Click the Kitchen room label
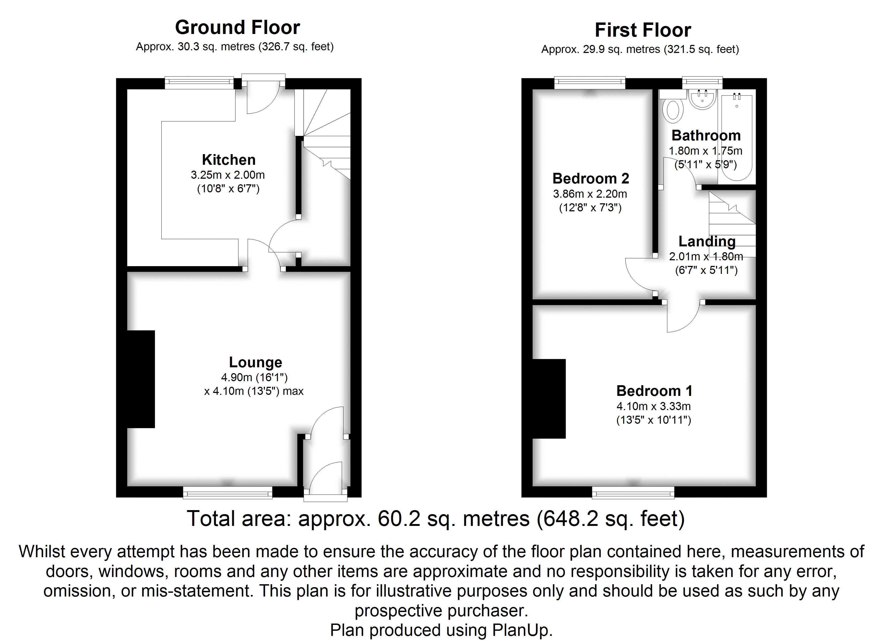coord(229,160)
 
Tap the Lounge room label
coord(255,362)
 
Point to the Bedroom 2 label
coord(591,178)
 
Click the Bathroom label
coord(706,135)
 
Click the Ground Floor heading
coord(238,27)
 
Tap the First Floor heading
coord(643,30)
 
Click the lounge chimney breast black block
coord(141,379)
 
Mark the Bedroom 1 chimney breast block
coord(549,399)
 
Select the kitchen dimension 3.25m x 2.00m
coord(228,175)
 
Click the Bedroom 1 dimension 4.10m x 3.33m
coord(654,406)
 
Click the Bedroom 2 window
coord(590,82)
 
